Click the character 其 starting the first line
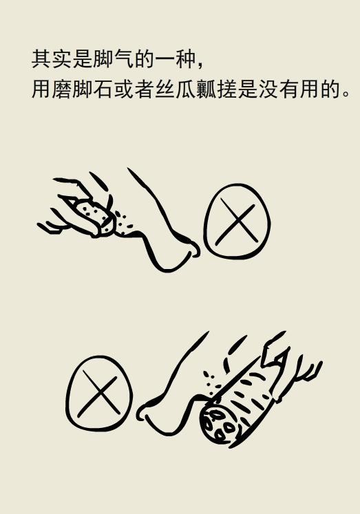click(41, 59)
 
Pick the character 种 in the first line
click(182, 59)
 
